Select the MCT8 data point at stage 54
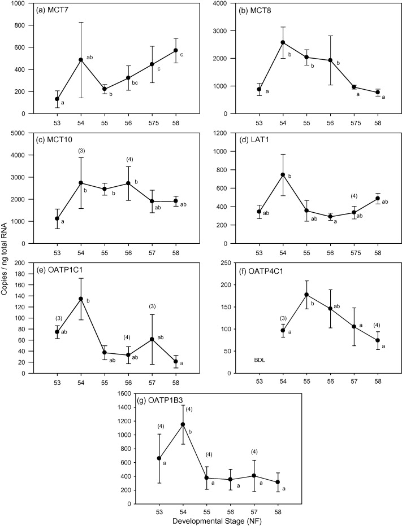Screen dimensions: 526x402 point(283,42)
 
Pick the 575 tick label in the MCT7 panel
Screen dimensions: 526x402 point(152,122)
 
